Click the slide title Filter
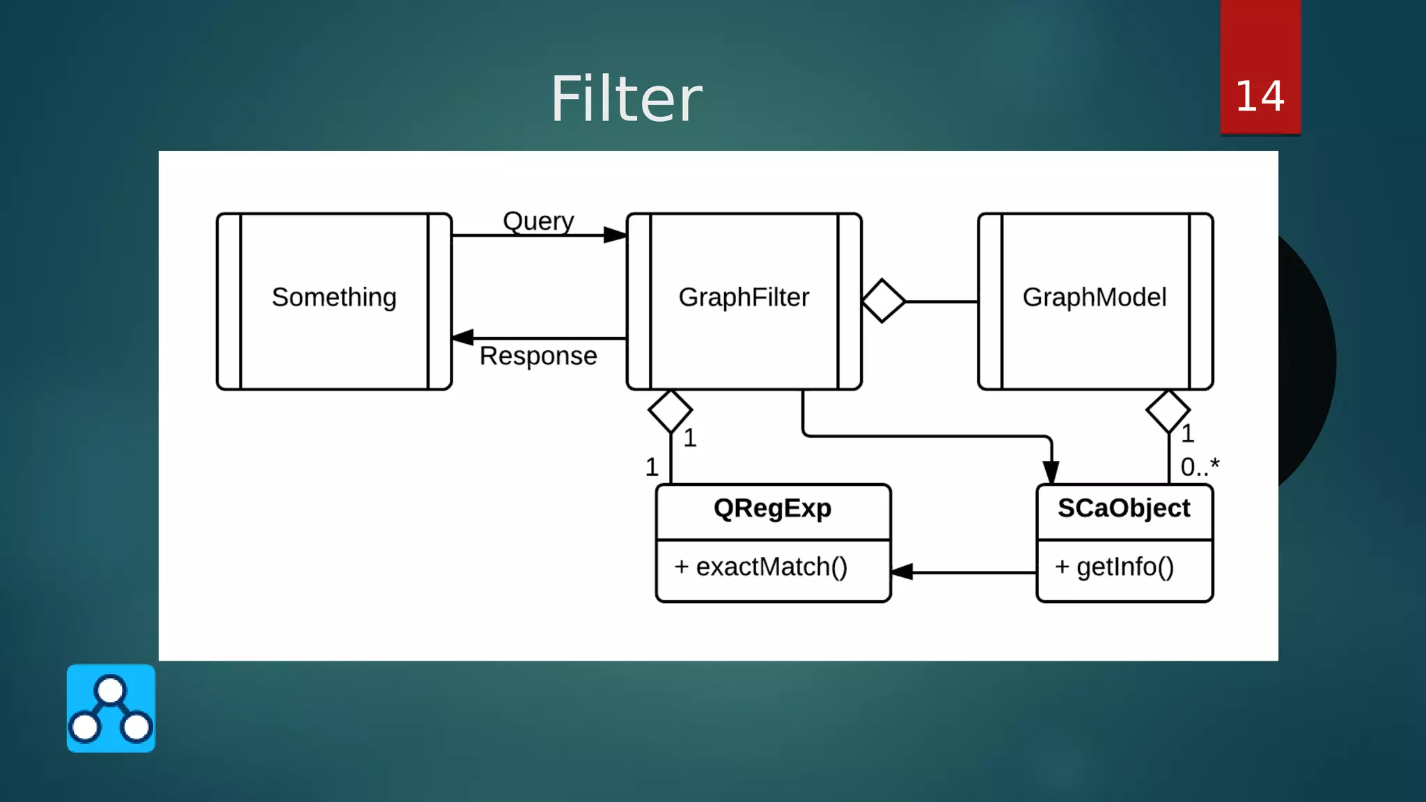click(626, 99)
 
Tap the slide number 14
click(1260, 96)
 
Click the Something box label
click(334, 297)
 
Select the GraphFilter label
click(744, 297)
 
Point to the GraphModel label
click(1095, 297)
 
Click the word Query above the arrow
click(538, 221)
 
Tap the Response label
click(538, 356)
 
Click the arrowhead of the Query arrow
click(615, 235)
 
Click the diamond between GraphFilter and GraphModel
click(884, 301)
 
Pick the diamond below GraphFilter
click(670, 411)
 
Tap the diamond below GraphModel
click(1168, 411)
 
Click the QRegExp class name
click(772, 508)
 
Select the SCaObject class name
click(1124, 508)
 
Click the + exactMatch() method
click(761, 567)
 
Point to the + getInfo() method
click(1114, 567)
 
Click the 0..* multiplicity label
click(1200, 466)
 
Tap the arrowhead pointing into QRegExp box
click(902, 572)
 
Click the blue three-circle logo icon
click(111, 708)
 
